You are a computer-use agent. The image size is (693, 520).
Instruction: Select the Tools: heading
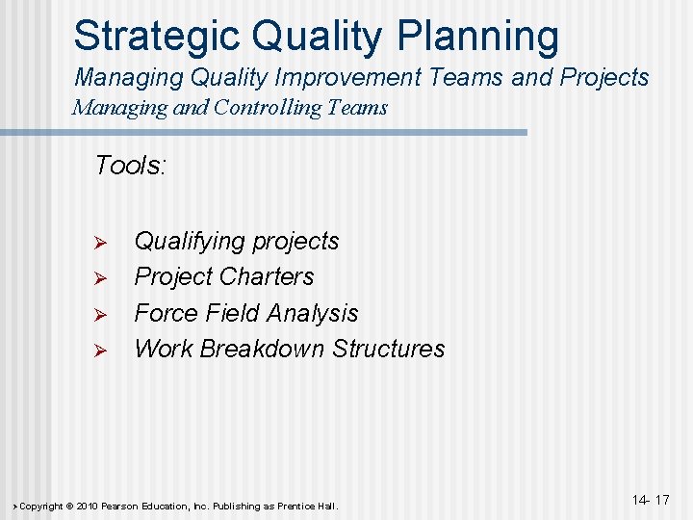131,166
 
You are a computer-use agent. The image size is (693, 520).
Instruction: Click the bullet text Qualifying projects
237,241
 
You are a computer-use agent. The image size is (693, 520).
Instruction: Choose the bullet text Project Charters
224,276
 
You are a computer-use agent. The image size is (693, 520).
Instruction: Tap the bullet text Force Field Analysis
246,313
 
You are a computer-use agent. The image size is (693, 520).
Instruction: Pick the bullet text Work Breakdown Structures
290,349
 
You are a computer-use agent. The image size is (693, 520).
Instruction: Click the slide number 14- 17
651,500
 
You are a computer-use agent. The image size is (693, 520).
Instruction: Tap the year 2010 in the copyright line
87,507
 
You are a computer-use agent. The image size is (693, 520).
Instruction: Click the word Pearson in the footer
125,507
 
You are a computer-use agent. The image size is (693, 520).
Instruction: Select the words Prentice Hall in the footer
307,507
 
